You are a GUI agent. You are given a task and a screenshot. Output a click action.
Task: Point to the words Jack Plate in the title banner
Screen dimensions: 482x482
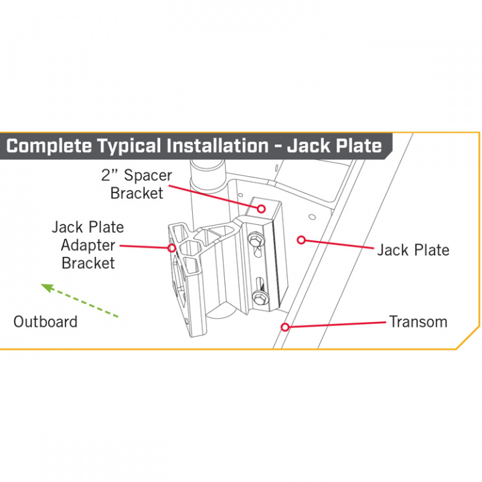(x=334, y=146)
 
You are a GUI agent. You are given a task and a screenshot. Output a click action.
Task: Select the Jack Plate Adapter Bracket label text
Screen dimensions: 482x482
(x=88, y=245)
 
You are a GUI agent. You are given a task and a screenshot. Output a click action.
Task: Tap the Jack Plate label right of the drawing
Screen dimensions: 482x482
(x=413, y=250)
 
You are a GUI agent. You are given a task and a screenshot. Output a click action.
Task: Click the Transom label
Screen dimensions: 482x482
(x=418, y=321)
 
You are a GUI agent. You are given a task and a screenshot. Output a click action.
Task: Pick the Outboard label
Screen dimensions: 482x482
(x=46, y=321)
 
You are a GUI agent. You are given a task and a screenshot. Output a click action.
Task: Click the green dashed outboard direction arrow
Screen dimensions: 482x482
(x=79, y=301)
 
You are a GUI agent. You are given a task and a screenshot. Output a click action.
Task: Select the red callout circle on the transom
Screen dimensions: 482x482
(x=285, y=327)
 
